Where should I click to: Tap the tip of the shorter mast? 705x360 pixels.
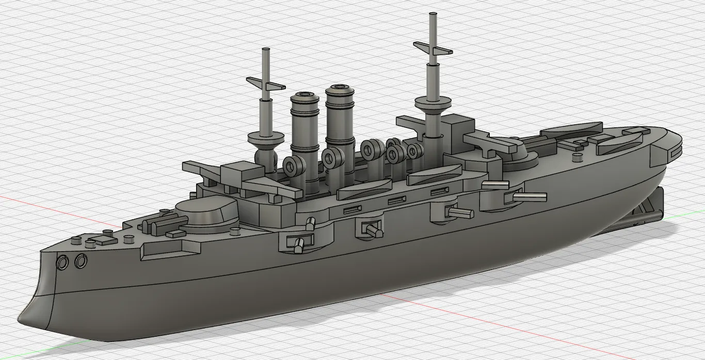click(267, 50)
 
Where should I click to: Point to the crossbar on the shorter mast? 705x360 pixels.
click(265, 84)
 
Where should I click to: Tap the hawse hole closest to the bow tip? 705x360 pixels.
click(62, 263)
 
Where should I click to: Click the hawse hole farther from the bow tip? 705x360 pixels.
click(81, 261)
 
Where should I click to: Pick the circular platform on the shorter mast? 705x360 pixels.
click(266, 137)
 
